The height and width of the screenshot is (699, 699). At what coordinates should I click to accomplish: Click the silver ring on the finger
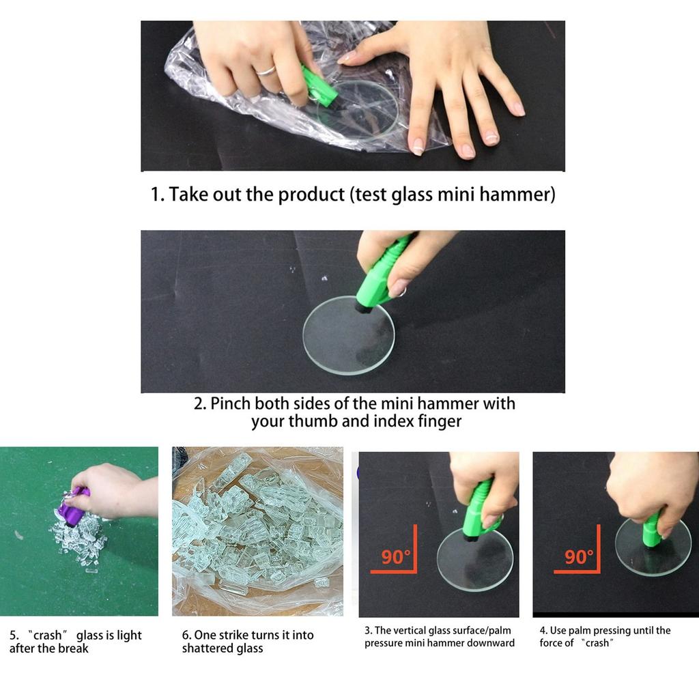(266, 70)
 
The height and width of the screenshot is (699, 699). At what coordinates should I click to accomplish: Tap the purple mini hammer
(72, 507)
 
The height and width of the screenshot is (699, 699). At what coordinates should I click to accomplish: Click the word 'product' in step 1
(311, 195)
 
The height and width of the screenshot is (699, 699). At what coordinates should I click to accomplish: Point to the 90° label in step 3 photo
(395, 557)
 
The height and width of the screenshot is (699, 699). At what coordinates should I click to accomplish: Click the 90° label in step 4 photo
(579, 557)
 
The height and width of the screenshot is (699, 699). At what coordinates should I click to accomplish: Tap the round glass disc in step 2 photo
(349, 335)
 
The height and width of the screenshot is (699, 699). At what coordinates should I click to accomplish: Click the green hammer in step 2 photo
(380, 276)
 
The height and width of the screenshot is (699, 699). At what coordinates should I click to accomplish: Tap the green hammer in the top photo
(319, 85)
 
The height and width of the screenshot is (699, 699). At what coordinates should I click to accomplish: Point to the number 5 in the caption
(14, 636)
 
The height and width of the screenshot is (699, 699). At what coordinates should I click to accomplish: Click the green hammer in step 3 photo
(479, 509)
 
